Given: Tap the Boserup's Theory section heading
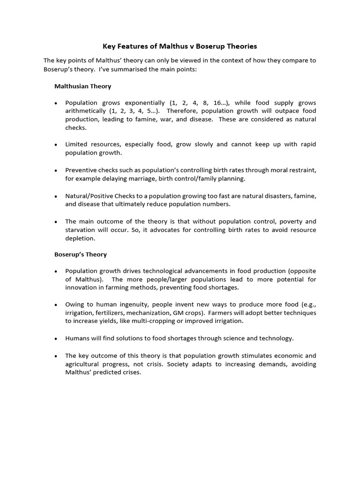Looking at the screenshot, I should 81,255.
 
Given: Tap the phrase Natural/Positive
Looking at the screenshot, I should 88,195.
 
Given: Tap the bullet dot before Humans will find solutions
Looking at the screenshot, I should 56,338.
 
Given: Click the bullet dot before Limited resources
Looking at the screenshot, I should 56,145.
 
